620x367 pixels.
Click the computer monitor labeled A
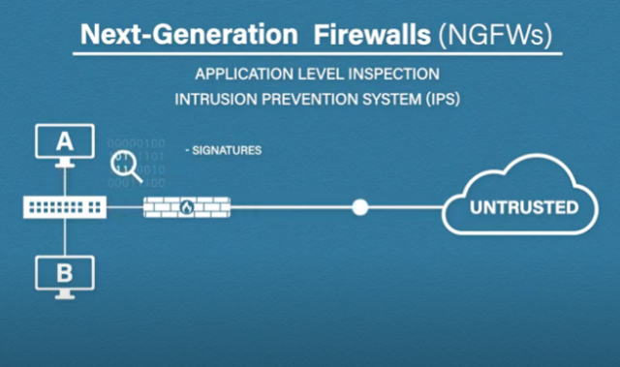(x=64, y=143)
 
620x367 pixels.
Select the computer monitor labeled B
(x=64, y=272)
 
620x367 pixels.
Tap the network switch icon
(x=64, y=206)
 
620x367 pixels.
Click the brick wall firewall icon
(x=185, y=206)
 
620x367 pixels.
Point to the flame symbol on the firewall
(x=186, y=206)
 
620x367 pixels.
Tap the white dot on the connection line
(x=360, y=206)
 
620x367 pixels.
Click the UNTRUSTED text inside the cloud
(x=524, y=207)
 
